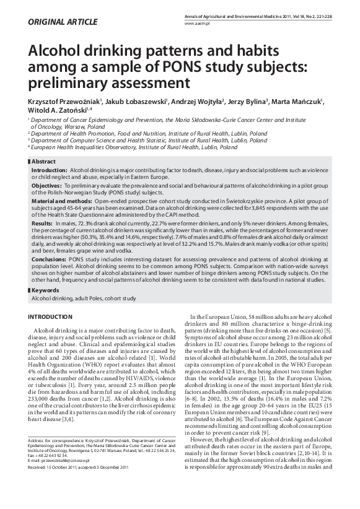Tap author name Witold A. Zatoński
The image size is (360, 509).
pyautogui.click(x=54, y=112)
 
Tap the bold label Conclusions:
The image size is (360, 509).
pyautogui.click(x=50, y=260)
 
